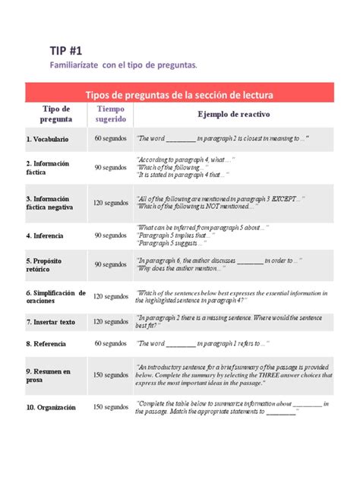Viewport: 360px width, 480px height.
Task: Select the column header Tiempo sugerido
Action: click(x=111, y=114)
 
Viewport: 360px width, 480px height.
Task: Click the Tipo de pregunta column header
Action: click(x=56, y=114)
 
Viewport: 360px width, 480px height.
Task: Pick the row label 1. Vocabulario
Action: click(x=47, y=140)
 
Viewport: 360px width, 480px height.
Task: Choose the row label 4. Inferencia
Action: click(x=45, y=235)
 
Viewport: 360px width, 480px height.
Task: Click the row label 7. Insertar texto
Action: click(x=50, y=322)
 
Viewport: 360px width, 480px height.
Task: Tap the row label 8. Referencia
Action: click(x=46, y=344)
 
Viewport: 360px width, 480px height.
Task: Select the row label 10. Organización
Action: click(x=51, y=408)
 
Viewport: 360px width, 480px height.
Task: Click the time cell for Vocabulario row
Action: click(x=111, y=139)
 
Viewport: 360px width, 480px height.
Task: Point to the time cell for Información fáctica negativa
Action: click(x=111, y=204)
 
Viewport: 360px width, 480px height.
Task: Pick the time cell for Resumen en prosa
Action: click(x=111, y=375)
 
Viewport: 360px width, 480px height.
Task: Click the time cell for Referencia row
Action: click(x=111, y=344)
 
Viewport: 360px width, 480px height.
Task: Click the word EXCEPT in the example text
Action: click(x=289, y=198)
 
